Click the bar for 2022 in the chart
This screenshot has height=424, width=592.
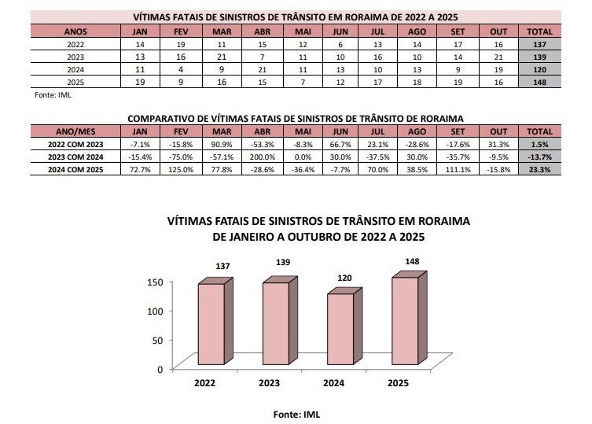[211, 325]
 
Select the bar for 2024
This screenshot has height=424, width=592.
[340, 330]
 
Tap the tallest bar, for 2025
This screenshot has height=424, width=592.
[404, 322]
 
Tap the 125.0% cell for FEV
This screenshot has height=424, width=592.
[178, 169]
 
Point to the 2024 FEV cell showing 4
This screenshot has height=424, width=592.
[178, 69]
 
